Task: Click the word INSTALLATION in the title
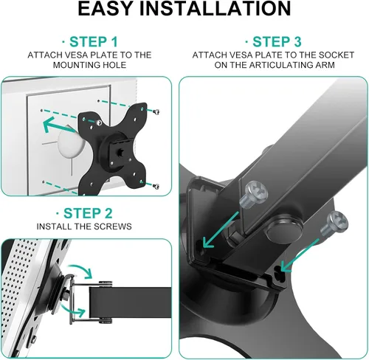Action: click(222, 10)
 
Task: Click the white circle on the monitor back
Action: click(78, 148)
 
